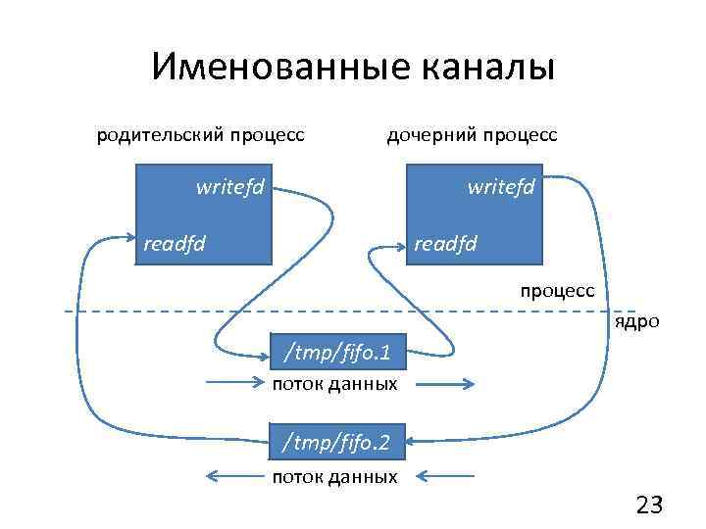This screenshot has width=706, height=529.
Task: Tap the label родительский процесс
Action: coord(200,134)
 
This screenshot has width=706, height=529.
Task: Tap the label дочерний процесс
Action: coord(473,134)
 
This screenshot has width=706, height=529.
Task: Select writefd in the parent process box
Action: coord(230,185)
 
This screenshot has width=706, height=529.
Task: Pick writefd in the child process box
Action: coord(501,185)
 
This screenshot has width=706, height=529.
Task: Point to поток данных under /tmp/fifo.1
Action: coord(335,383)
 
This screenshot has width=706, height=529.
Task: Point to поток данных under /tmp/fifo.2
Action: coord(335,477)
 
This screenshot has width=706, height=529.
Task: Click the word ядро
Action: coord(637,322)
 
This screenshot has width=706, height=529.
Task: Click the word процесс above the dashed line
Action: coord(557,291)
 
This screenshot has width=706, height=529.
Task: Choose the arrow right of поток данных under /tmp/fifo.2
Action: coord(447,477)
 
